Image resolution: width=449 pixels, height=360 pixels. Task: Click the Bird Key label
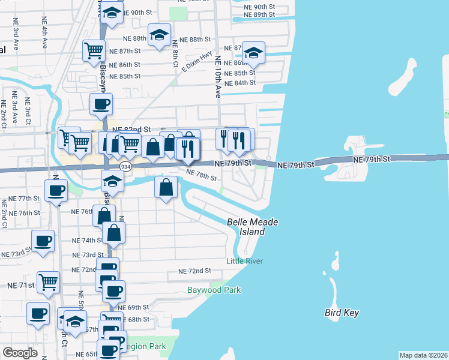point(341,313)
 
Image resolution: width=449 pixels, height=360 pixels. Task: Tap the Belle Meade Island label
point(252,226)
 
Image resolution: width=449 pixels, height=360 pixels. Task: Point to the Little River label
point(244,260)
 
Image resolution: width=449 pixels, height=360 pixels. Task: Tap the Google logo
point(20,353)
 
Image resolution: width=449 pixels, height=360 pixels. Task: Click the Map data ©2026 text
point(423,355)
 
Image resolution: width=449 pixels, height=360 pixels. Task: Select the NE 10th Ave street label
point(218,77)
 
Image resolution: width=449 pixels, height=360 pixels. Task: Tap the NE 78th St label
point(200,175)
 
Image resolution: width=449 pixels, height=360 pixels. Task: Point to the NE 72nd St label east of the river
point(194,271)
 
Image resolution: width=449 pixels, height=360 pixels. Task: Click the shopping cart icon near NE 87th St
point(94,52)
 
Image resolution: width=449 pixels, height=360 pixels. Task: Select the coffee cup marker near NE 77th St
point(56,191)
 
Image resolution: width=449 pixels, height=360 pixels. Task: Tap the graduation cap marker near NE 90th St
point(112,13)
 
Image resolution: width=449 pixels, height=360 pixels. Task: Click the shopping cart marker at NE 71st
point(48,281)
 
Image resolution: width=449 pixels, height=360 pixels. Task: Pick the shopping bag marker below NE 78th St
point(166,187)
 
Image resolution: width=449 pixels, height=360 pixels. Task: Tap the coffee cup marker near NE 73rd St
point(42,242)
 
